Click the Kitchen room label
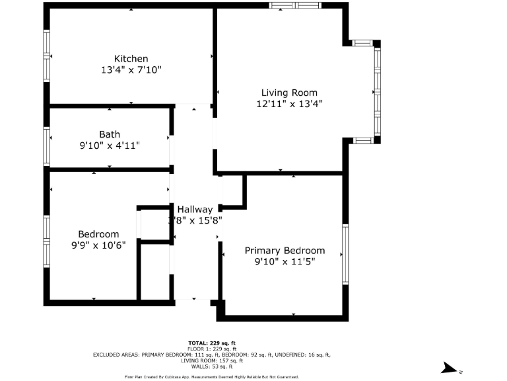pyautogui.click(x=131, y=58)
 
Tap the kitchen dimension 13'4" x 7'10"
pyautogui.click(x=131, y=69)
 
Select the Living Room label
pyautogui.click(x=289, y=93)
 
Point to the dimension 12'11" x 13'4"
pyautogui.click(x=289, y=104)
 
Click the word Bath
pyautogui.click(x=110, y=134)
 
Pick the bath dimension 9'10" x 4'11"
pyautogui.click(x=110, y=146)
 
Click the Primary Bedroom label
pyautogui.click(x=285, y=251)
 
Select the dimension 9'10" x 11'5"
pyautogui.click(x=285, y=262)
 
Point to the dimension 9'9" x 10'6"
pyautogui.click(x=98, y=245)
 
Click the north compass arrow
pyautogui.click(x=451, y=368)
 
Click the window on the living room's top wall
pyautogui.click(x=294, y=5)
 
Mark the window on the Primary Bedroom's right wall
pyautogui.click(x=345, y=255)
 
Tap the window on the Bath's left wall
pyautogui.click(x=47, y=146)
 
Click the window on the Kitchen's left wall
pyautogui.click(x=47, y=56)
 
